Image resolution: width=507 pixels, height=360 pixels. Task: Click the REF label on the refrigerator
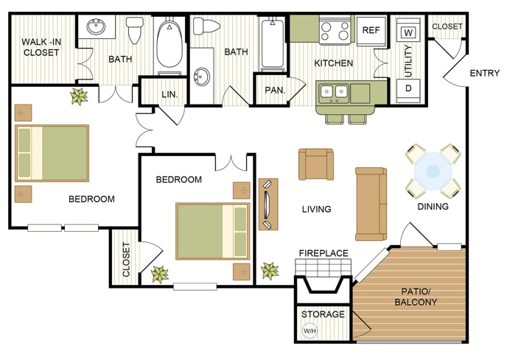tap(371, 30)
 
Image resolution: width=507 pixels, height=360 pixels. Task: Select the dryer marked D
tap(408, 89)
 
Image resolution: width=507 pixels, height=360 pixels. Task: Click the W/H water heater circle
tap(310, 331)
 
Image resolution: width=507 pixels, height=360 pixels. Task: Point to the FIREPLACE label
tap(324, 253)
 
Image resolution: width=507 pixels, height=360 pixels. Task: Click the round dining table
tap(433, 171)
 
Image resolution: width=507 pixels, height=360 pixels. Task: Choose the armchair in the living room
tap(316, 164)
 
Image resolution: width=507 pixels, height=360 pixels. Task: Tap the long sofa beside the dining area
tap(371, 204)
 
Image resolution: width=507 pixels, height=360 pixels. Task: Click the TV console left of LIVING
tap(268, 204)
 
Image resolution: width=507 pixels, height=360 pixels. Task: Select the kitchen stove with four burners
tap(335, 30)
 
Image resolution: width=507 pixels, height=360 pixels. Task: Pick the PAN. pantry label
tap(275, 90)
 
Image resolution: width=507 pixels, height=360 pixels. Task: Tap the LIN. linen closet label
tap(169, 95)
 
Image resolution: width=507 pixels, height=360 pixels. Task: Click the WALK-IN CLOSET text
tap(41, 47)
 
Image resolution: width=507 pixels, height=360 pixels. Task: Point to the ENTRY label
tap(484, 74)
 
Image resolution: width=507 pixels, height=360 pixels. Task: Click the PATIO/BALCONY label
tap(416, 297)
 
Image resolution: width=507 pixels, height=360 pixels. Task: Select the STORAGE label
tap(323, 314)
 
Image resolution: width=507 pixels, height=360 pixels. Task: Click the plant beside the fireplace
tap(270, 271)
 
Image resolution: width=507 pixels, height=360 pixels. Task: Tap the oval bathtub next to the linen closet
tap(169, 45)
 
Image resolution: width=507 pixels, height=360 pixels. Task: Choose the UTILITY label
tap(408, 61)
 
